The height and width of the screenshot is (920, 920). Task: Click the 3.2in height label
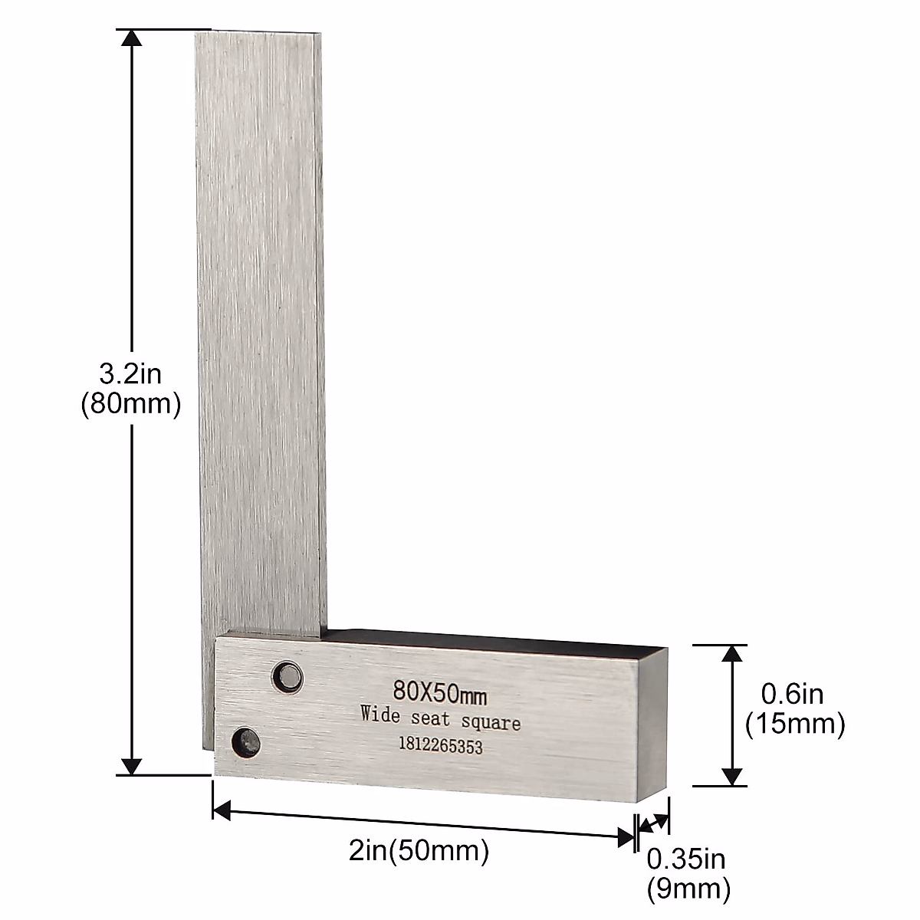click(130, 376)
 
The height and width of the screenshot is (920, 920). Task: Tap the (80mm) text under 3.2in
click(130, 404)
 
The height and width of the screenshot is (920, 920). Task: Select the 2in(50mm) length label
click(419, 851)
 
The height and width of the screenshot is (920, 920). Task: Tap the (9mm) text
click(688, 889)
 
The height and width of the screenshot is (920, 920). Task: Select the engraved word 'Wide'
click(380, 714)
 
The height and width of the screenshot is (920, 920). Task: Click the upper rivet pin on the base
click(289, 675)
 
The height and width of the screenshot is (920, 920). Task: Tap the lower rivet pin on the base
click(247, 741)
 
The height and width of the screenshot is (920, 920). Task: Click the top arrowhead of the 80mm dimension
click(133, 40)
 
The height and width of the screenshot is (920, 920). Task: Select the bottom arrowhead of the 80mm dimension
click(133, 764)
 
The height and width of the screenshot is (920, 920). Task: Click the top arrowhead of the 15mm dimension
click(734, 655)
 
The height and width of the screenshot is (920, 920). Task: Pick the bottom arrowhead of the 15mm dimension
click(734, 776)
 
